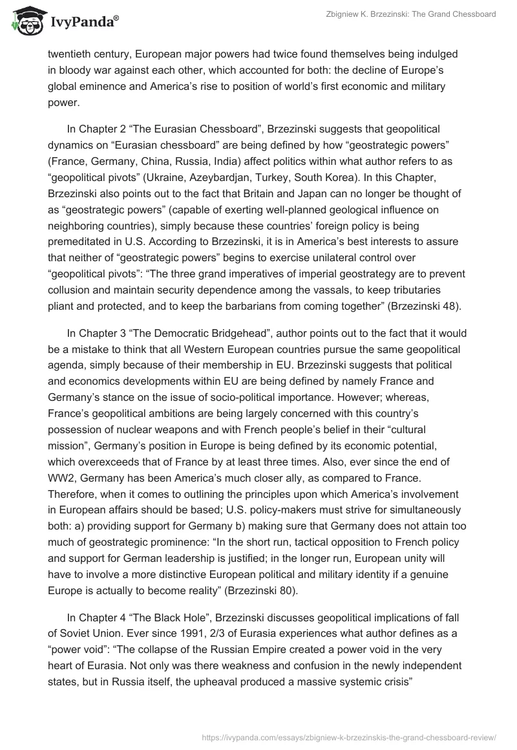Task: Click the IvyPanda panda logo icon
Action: tap(24, 20)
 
